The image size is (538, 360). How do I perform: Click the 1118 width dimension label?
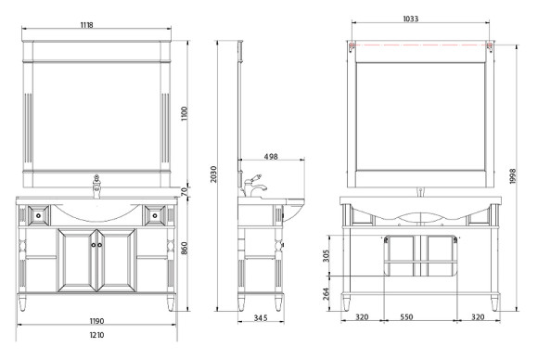pyautogui.click(x=87, y=25)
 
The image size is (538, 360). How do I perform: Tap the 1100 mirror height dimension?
pyautogui.click(x=185, y=113)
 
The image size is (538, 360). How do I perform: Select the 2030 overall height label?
pyautogui.click(x=213, y=174)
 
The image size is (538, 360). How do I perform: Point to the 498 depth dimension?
pyautogui.click(x=271, y=157)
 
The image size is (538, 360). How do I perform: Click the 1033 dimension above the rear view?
pyautogui.click(x=410, y=19)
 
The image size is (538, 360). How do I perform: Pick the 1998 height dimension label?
pyautogui.click(x=513, y=176)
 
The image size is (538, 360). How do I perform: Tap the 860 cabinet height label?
pyautogui.click(x=185, y=248)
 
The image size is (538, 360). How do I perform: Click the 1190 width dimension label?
pyautogui.click(x=96, y=321)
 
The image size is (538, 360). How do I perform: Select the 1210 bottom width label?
pyautogui.click(x=96, y=335)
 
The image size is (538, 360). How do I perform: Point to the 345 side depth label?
pyautogui.click(x=261, y=318)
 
